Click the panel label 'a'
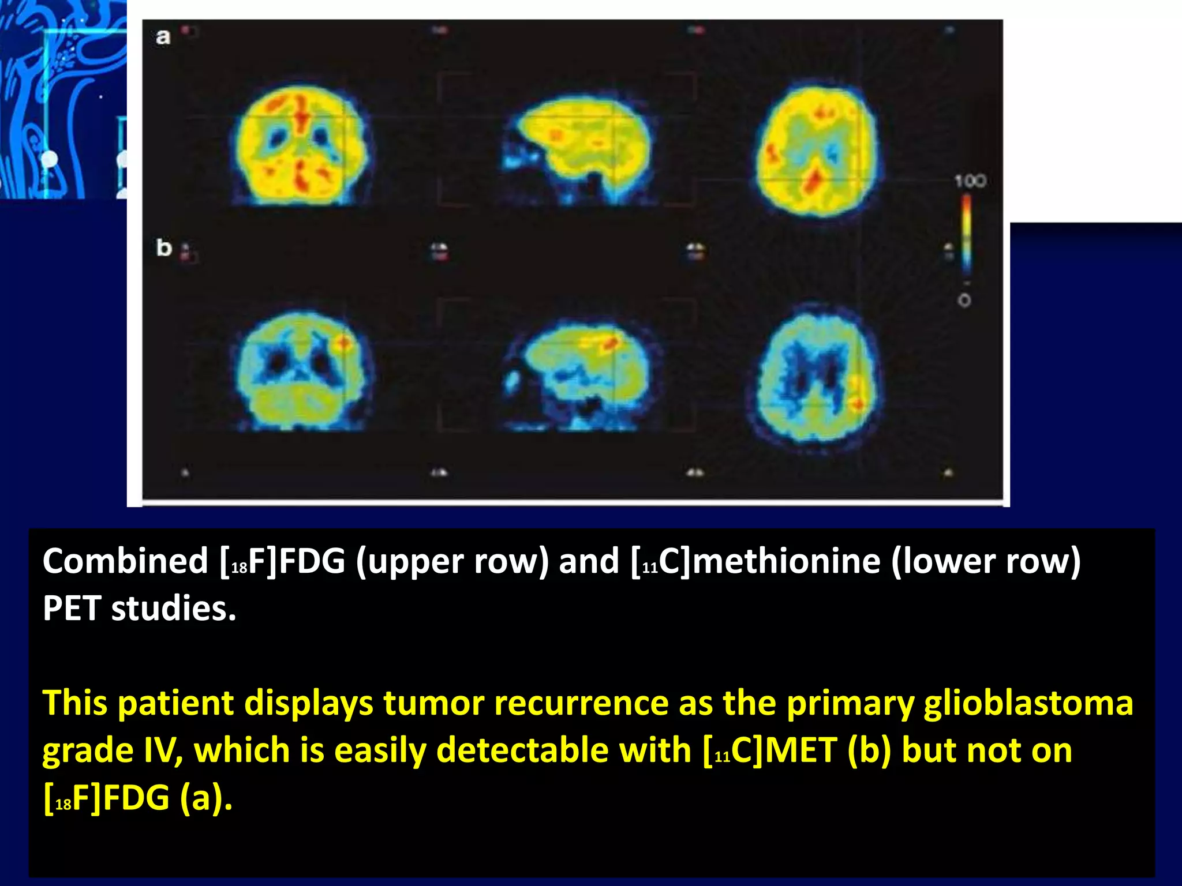click(x=163, y=37)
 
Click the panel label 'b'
click(x=164, y=248)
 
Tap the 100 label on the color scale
click(x=970, y=182)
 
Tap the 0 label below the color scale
click(x=964, y=301)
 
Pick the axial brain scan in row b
click(x=817, y=375)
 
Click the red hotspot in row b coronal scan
click(x=343, y=343)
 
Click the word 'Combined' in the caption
click(x=125, y=561)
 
